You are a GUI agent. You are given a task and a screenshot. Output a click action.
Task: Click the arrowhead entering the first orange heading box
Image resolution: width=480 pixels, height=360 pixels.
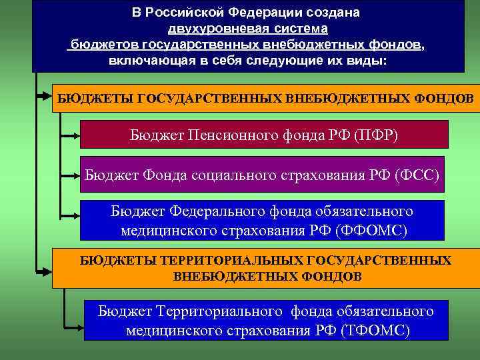click(45, 97)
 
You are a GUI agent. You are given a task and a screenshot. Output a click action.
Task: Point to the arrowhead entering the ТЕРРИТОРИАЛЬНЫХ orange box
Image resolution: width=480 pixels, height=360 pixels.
click(45, 271)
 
